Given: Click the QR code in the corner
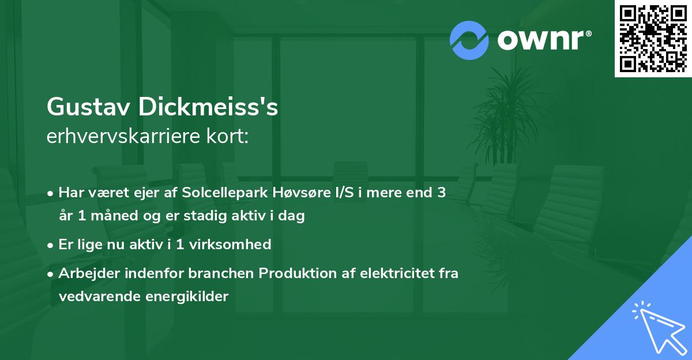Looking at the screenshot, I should pyautogui.click(x=653, y=39).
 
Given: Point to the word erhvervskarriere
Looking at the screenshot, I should pyautogui.click(x=121, y=137).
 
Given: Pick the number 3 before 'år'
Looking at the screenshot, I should pyautogui.click(x=441, y=193).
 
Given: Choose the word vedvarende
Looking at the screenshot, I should pyautogui.click(x=95, y=297).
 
